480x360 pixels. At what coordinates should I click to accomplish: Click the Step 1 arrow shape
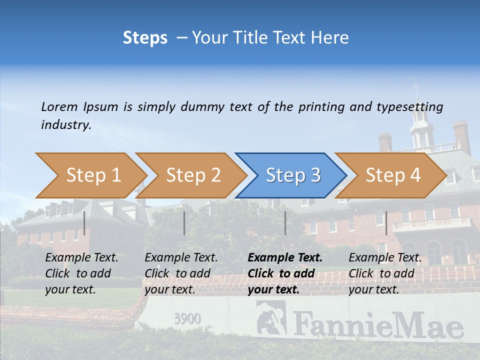90,175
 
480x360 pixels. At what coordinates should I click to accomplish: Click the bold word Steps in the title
145,37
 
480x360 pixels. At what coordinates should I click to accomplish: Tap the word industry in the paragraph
66,125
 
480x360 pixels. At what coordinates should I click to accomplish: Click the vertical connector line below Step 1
84,223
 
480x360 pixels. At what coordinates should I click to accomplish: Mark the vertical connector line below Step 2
184,223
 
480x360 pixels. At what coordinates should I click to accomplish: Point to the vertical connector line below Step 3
285,223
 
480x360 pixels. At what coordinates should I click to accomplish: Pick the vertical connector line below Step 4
386,223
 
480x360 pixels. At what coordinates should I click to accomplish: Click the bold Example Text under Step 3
285,258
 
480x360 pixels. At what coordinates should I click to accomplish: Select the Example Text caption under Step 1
81,258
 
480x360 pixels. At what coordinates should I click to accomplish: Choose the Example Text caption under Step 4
385,258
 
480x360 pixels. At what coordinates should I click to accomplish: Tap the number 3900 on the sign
187,319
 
